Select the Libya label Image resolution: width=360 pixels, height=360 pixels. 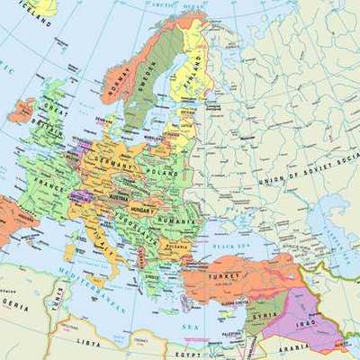coord(89,342)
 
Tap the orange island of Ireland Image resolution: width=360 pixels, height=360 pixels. coord(20,111)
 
